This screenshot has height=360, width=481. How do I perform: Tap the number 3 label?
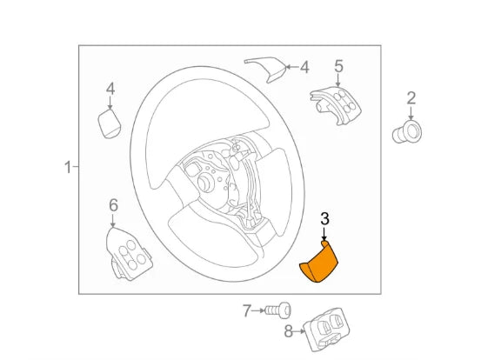(324, 221)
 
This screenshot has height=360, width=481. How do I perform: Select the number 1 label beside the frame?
(67, 166)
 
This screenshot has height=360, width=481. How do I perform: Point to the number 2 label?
(411, 98)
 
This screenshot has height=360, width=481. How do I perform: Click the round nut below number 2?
(408, 131)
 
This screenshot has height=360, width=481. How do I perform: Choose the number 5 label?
(338, 66)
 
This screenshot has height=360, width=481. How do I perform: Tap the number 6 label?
(113, 205)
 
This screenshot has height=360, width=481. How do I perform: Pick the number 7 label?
(246, 310)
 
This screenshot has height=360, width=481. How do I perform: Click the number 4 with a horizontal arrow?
(304, 66)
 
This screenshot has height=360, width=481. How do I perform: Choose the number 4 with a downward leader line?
(110, 88)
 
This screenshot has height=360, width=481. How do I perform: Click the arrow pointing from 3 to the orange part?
(324, 237)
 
